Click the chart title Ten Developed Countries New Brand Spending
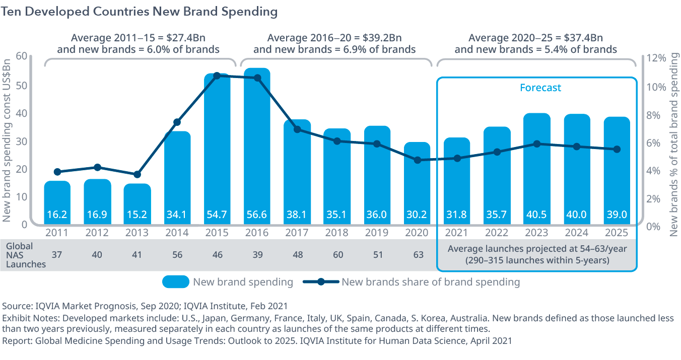[x=140, y=12]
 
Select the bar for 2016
[x=257, y=146]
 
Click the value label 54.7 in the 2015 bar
[x=217, y=214]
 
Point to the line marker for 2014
[x=177, y=122]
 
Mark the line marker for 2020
[x=417, y=160]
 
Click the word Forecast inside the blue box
[x=540, y=88]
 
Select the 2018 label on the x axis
[x=337, y=233]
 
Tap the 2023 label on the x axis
[x=537, y=233]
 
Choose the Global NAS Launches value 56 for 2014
[x=177, y=255]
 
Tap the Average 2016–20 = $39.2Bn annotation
[x=334, y=38]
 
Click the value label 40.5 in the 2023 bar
[x=537, y=214]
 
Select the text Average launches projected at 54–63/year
[x=537, y=249]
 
